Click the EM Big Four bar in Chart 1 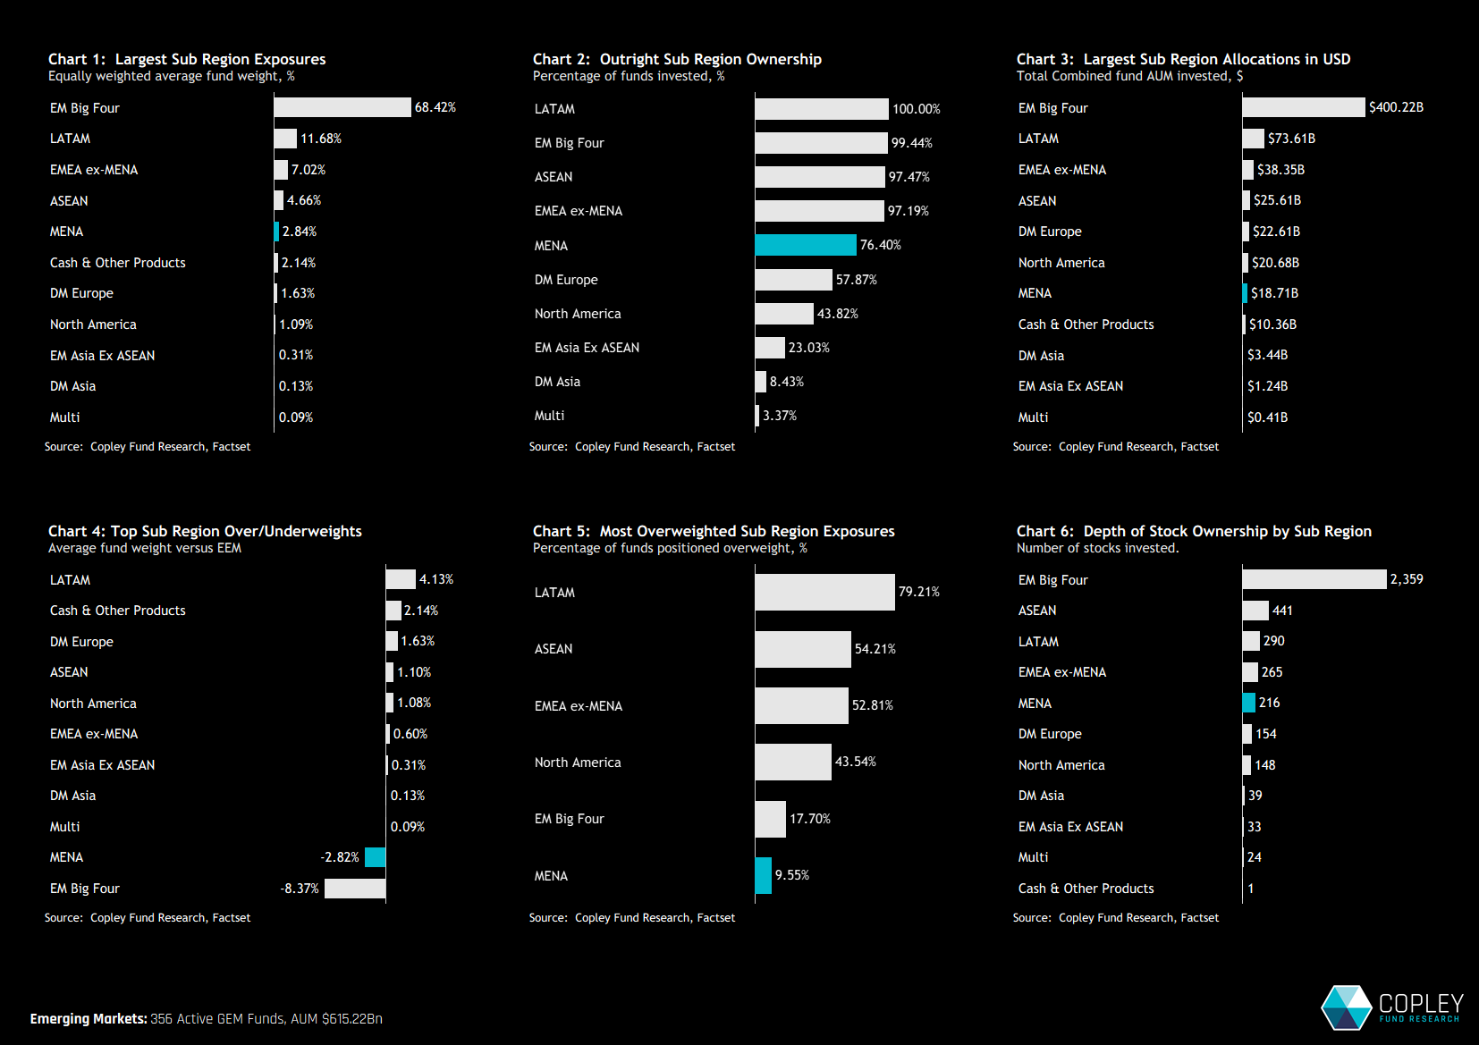[342, 107]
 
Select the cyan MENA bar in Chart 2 [805, 245]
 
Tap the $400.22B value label [1396, 107]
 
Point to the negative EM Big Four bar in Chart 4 [355, 889]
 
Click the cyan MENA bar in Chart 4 [376, 857]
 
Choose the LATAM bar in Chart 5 [824, 592]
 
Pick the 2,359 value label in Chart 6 [1407, 579]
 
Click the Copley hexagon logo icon [1347, 1007]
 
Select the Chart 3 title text [1183, 59]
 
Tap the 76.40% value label [881, 245]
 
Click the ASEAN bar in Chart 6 [1255, 611]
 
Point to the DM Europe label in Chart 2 [566, 280]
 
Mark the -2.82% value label [340, 857]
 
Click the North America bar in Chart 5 [793, 762]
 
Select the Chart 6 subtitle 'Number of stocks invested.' [1097, 548]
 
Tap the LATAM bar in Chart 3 [1253, 139]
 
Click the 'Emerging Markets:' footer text [89, 1019]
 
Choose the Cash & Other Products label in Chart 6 [1086, 889]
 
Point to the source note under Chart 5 [631, 918]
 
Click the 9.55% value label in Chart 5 [792, 875]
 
